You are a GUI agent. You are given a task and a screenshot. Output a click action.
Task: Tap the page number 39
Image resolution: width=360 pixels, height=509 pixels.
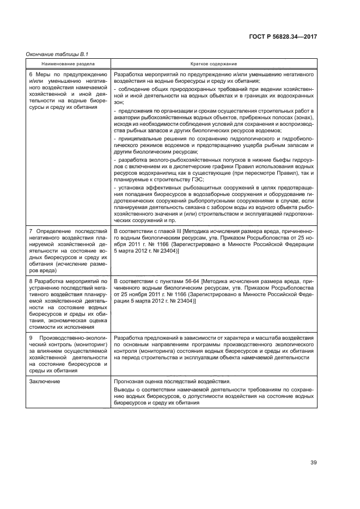314,463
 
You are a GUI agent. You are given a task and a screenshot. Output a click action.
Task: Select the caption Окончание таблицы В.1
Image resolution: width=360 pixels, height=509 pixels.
57,54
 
